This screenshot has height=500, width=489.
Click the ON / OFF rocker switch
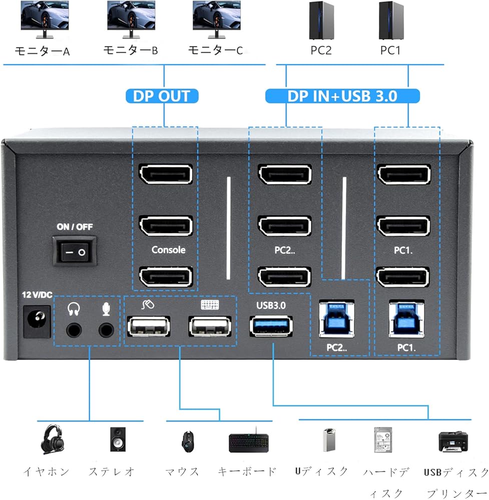(x=76, y=253)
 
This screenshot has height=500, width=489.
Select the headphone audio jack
(x=74, y=330)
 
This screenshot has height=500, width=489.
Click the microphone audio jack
(x=106, y=330)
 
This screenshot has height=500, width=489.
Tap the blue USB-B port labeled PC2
(x=336, y=317)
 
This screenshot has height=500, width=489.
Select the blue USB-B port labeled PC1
(x=407, y=317)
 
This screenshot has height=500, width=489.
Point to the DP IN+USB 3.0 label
(x=342, y=95)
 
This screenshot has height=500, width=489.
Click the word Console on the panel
(x=168, y=250)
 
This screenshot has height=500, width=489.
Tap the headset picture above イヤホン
(x=52, y=439)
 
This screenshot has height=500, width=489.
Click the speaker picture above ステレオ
(x=120, y=439)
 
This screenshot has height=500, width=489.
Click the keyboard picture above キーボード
(x=249, y=441)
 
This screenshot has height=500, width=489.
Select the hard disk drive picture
(x=383, y=440)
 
